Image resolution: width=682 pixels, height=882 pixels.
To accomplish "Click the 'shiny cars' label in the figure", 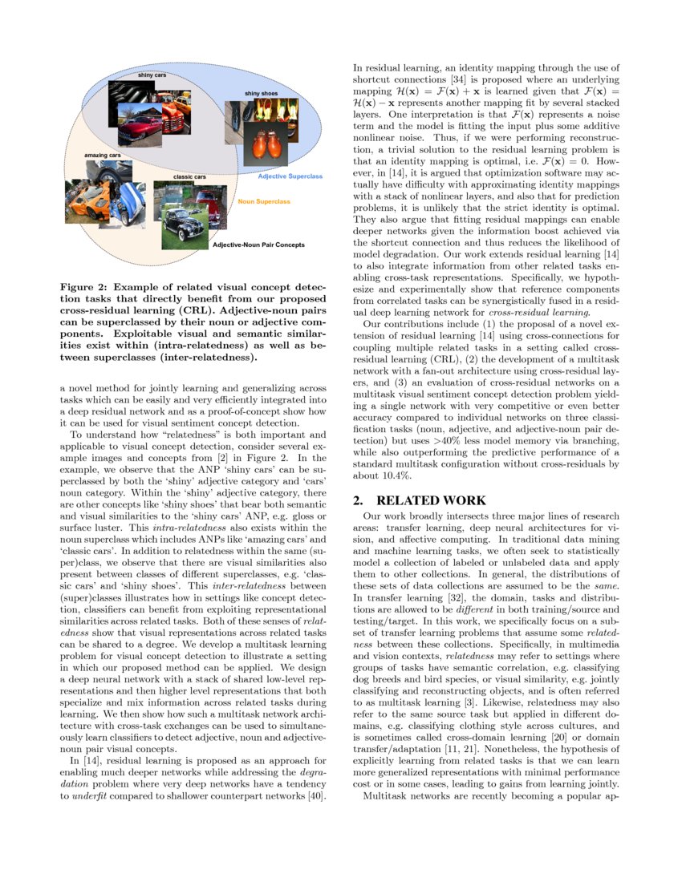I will click(x=152, y=75).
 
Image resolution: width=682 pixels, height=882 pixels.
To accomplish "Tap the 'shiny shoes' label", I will click(x=262, y=94).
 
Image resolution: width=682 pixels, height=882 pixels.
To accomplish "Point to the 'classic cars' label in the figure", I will click(x=189, y=176).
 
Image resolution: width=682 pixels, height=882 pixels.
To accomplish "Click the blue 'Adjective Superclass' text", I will click(x=290, y=176).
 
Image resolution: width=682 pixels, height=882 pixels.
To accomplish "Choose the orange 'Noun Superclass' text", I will click(x=264, y=202).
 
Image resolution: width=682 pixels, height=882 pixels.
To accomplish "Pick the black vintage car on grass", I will click(x=184, y=228).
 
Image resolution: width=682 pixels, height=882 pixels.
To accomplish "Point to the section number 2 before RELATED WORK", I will click(x=359, y=500).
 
